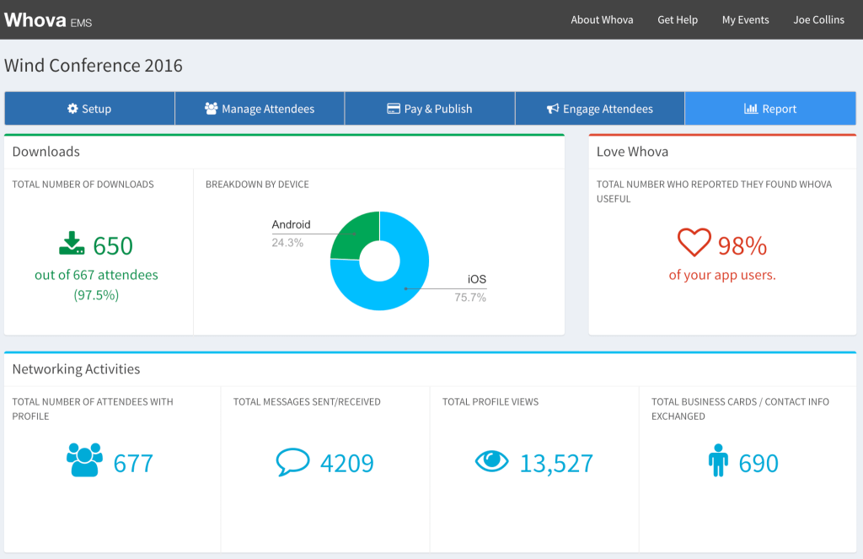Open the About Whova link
602,20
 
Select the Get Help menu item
678,20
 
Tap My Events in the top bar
745,20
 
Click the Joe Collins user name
818,20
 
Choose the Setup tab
89,109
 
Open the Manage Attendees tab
260,109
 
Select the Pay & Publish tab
430,109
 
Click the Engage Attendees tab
599,109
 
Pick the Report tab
770,109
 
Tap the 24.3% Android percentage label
287,243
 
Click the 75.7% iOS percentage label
470,297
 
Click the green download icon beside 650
72,244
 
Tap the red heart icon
694,244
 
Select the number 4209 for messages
346,463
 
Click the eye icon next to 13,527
492,460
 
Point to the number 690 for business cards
758,463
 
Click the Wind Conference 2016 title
94,66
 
